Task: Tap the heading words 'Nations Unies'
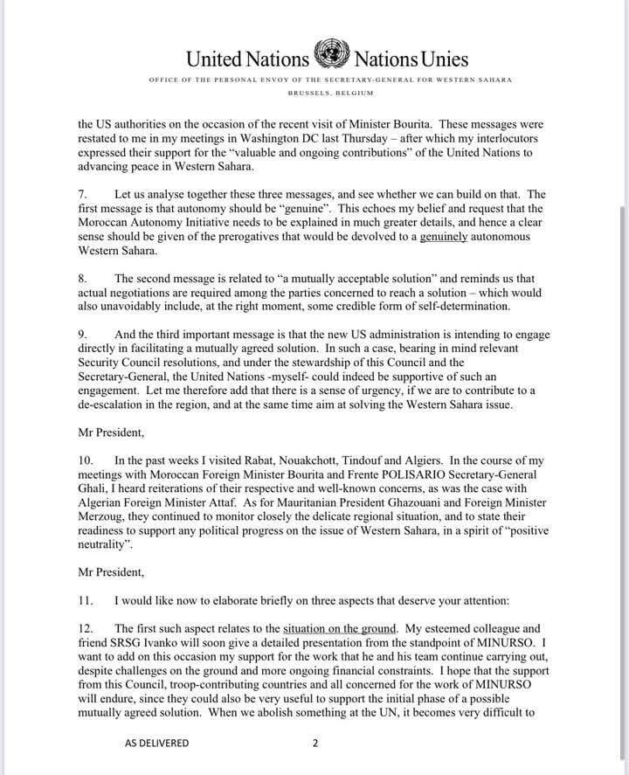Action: click(410, 59)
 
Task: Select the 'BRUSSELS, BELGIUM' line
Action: click(329, 93)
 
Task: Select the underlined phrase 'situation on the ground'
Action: click(341, 627)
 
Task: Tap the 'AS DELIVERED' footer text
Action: click(156, 743)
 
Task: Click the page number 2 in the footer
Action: click(315, 743)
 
